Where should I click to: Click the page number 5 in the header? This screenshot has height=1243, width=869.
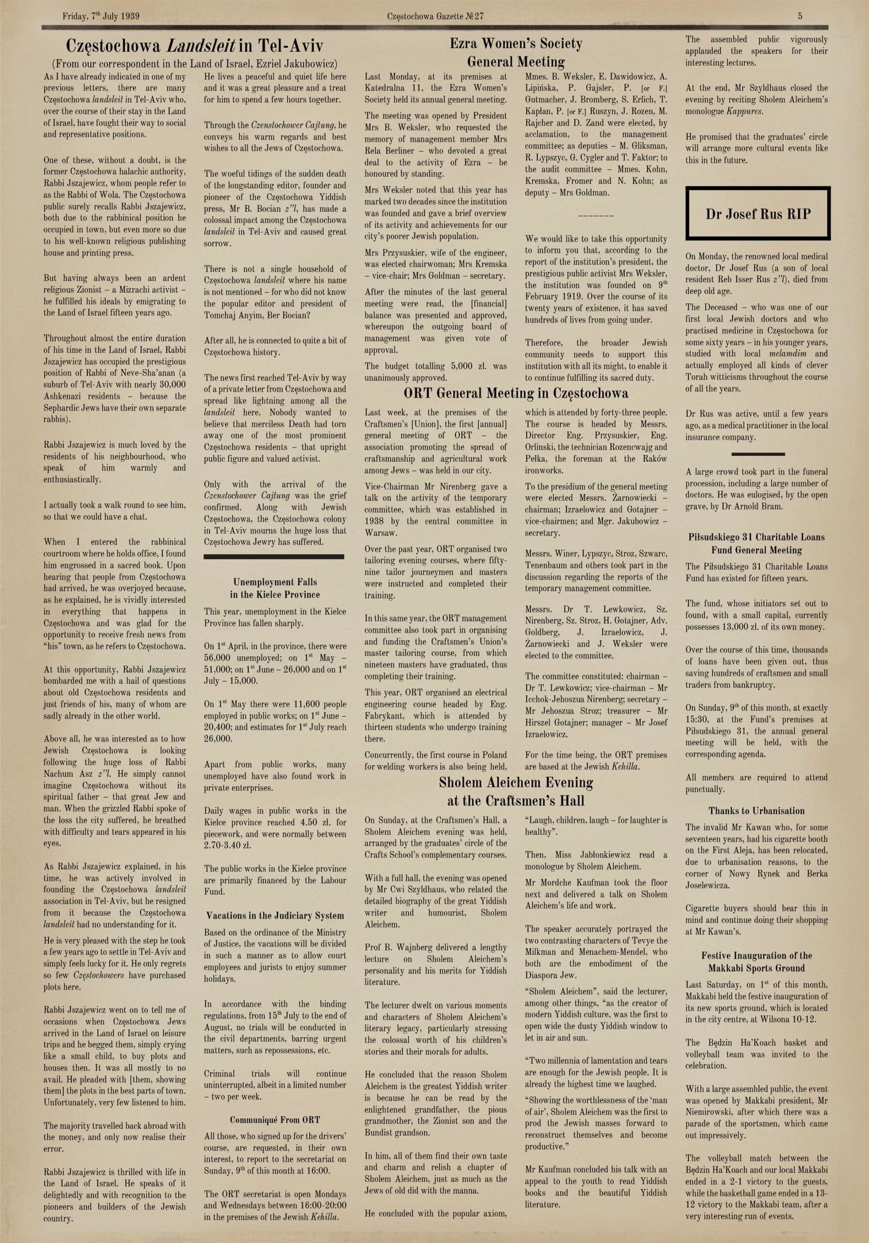[800, 16]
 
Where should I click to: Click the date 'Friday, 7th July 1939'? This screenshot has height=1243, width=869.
[101, 16]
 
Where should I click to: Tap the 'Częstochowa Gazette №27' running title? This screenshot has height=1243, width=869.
[435, 16]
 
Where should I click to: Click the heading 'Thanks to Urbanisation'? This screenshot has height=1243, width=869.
[756, 810]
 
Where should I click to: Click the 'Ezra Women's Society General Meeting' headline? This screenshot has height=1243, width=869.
[516, 52]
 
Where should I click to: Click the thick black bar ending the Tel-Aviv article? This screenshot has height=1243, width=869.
[274, 556]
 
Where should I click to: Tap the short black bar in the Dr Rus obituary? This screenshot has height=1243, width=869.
[757, 454]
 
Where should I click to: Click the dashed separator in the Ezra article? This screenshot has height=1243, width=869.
[596, 216]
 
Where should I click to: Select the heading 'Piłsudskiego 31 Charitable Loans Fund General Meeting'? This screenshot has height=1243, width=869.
[756, 543]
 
